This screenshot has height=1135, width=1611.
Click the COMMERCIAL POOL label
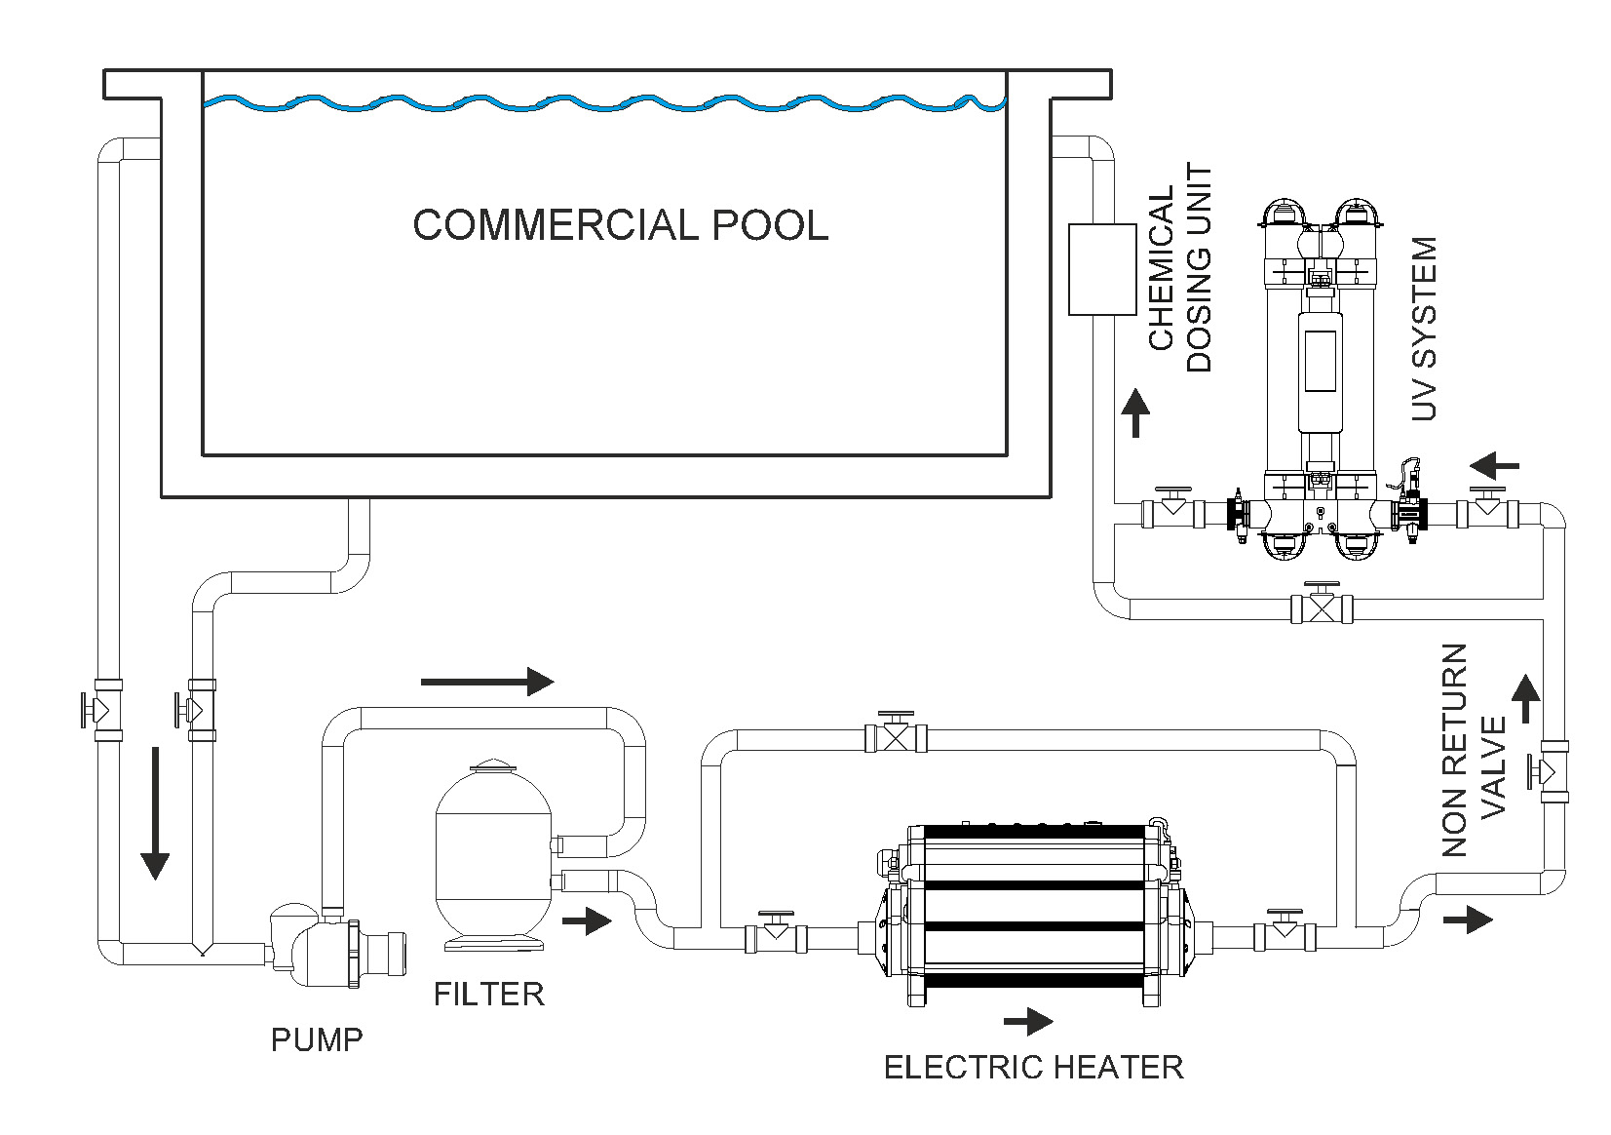621,225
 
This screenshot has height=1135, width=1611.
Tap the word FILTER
489,995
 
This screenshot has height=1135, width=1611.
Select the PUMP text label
317,1040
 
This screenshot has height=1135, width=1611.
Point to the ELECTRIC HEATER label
1033,1068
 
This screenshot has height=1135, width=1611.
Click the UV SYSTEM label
1423,329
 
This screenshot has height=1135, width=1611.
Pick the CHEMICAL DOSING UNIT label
1179,267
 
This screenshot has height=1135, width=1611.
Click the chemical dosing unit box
1102,270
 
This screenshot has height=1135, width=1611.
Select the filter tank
492,854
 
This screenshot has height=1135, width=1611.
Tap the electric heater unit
1030,914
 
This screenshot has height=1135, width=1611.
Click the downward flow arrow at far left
155,813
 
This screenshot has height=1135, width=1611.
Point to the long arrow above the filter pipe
487,682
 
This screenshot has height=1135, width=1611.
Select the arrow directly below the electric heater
1028,1021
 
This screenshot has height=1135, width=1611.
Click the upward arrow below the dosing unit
1135,412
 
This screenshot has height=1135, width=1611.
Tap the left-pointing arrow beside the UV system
1494,466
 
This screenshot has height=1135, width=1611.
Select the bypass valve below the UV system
1322,604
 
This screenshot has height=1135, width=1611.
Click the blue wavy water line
604,104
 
